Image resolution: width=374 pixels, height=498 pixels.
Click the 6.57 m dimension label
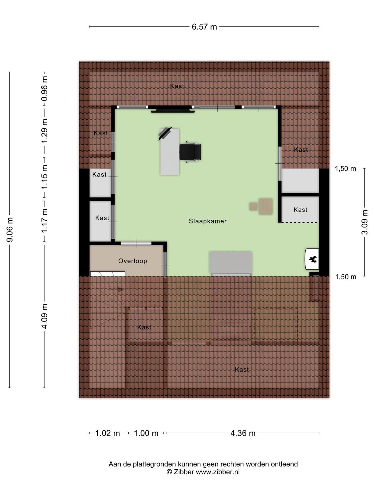point(204,27)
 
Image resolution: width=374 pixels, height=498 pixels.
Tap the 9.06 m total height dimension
point(10,229)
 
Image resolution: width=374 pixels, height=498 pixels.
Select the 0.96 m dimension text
point(45,88)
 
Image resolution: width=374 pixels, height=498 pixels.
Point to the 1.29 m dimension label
point(45,131)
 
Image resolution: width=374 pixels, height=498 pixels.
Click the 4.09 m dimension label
point(45,316)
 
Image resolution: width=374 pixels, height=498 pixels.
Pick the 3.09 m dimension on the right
point(364,222)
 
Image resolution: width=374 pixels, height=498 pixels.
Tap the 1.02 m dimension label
point(107,433)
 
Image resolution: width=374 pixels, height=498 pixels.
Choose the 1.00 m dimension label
point(146,433)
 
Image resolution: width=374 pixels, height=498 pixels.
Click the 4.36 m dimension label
point(243,433)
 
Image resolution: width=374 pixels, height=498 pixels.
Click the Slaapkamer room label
point(208,221)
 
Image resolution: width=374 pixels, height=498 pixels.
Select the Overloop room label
point(133,261)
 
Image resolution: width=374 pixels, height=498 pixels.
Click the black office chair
point(190,152)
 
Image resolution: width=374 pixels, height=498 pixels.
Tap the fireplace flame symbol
point(313,259)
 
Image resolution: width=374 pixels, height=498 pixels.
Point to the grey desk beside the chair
point(170,152)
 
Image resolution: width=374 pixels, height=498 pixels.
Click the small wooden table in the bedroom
point(266,206)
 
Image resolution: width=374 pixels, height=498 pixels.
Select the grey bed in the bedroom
point(231,264)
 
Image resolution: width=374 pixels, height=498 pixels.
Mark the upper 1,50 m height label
point(345,169)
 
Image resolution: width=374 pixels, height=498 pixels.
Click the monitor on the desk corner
point(165,134)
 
